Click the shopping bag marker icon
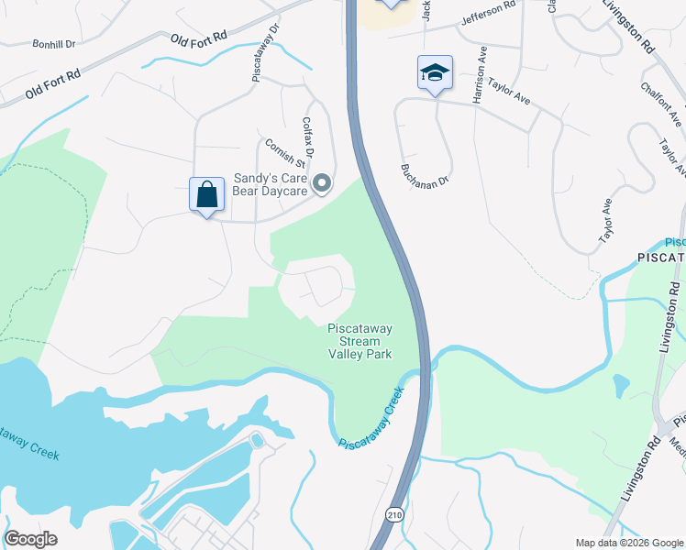(x=207, y=194)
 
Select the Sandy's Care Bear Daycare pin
(x=322, y=184)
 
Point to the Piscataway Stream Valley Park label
(x=360, y=340)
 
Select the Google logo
(x=30, y=539)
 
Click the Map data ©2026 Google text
(x=628, y=542)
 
